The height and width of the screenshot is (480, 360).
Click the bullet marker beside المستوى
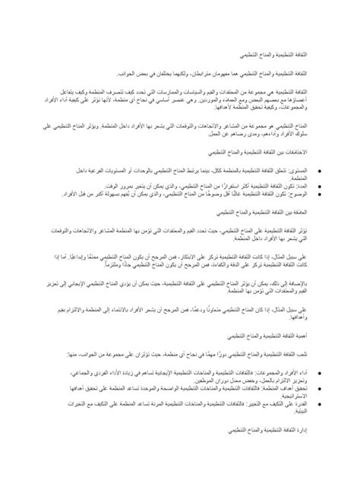coord(318,172)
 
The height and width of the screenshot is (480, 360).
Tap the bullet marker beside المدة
coord(318,185)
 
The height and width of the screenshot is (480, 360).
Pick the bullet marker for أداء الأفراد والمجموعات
coord(318,371)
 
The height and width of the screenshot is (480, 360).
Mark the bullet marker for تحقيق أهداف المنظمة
coord(318,387)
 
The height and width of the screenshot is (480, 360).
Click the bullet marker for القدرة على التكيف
coord(318,402)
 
